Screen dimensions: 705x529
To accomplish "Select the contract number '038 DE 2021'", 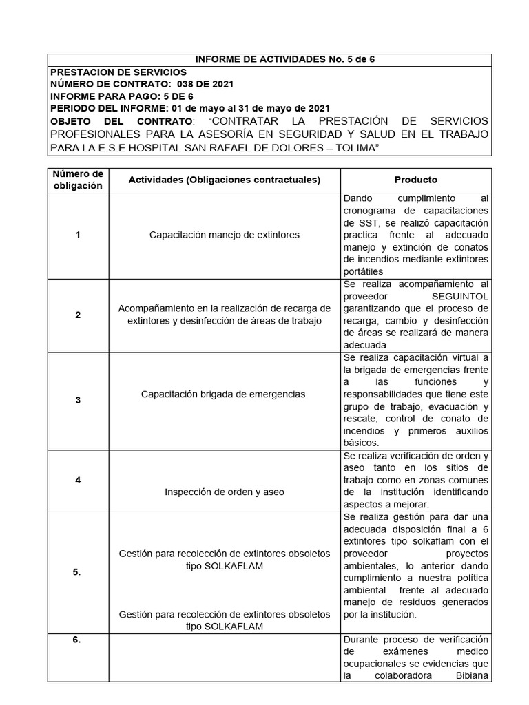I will point(200,84).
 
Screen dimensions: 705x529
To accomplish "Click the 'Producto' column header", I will point(415,180).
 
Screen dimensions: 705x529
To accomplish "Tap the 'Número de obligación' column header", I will point(78,180).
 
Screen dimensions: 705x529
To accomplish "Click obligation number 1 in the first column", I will point(78,235).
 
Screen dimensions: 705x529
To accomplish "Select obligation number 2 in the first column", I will point(78,315).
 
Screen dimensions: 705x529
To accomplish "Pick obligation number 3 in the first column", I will point(78,399).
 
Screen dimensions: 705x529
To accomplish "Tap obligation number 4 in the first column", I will point(78,479).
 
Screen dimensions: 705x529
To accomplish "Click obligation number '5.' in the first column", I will point(78,571).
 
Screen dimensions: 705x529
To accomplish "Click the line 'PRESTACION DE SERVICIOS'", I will point(118,72).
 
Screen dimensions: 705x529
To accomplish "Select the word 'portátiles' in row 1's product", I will point(365,271).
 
